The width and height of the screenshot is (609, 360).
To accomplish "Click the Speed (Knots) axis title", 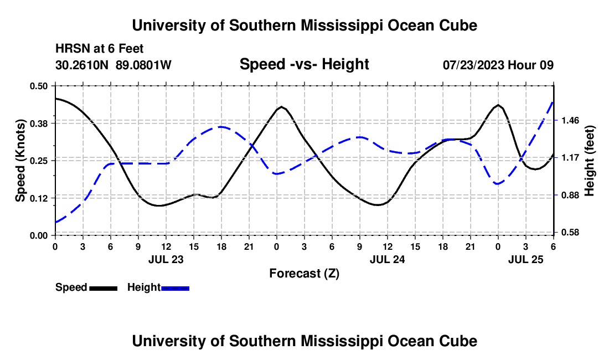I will tap(20, 161).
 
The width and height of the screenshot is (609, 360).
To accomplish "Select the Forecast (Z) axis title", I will tap(304, 273).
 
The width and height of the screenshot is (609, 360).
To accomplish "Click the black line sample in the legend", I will tap(103, 287).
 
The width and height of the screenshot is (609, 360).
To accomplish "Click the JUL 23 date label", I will tap(166, 259).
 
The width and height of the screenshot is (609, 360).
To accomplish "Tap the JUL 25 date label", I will tap(525, 259).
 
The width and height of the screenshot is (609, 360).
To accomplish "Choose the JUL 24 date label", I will tap(387, 259).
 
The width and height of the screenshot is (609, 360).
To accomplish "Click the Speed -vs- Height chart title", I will tap(304, 64).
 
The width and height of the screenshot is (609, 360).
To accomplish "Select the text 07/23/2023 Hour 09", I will tap(498, 65).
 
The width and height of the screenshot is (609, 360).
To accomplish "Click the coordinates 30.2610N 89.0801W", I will tap(113, 65).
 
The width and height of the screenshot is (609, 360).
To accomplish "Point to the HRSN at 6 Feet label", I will tap(100, 49).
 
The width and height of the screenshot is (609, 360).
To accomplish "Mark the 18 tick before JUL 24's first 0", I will tap(221, 246).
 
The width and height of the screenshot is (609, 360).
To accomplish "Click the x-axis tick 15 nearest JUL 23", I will tap(193, 246).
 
